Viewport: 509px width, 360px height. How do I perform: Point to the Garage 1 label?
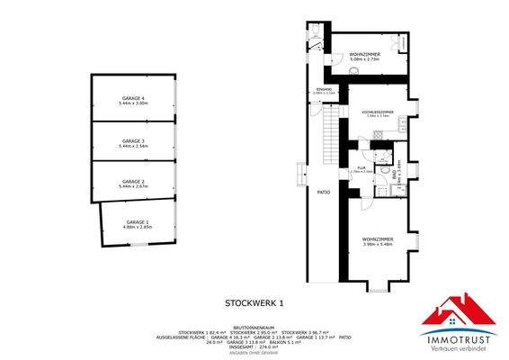coord(138,221)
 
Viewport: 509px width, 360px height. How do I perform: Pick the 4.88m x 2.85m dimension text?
coord(138,227)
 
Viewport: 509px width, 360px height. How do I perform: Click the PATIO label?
coord(323,193)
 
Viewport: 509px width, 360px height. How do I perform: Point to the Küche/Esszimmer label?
coord(379,112)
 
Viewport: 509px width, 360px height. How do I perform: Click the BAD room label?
coord(397,177)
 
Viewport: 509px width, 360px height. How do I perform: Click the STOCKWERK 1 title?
coord(254,303)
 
